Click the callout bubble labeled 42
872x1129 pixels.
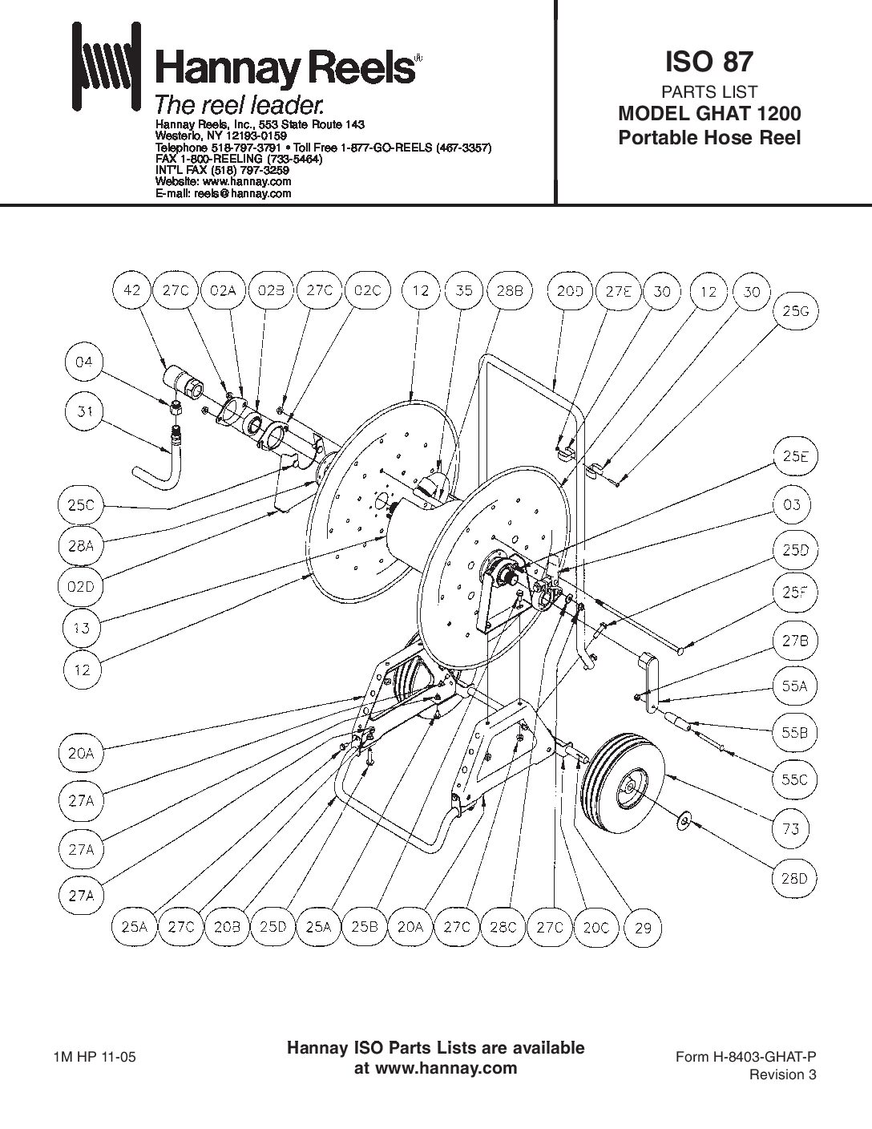[x=132, y=291]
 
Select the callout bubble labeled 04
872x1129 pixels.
[x=83, y=363]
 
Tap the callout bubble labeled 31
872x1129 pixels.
[x=83, y=412]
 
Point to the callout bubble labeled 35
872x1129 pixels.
[x=464, y=291]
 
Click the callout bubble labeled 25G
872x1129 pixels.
[x=794, y=314]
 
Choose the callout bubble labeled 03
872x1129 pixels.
[x=793, y=505]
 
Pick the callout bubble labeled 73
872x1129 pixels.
[x=792, y=830]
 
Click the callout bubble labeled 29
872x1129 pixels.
[x=643, y=928]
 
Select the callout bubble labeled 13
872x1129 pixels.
[x=83, y=629]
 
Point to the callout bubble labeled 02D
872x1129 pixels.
[x=83, y=586]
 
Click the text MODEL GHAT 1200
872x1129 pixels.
[x=709, y=114]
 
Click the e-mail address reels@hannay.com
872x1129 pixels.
[x=243, y=193]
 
